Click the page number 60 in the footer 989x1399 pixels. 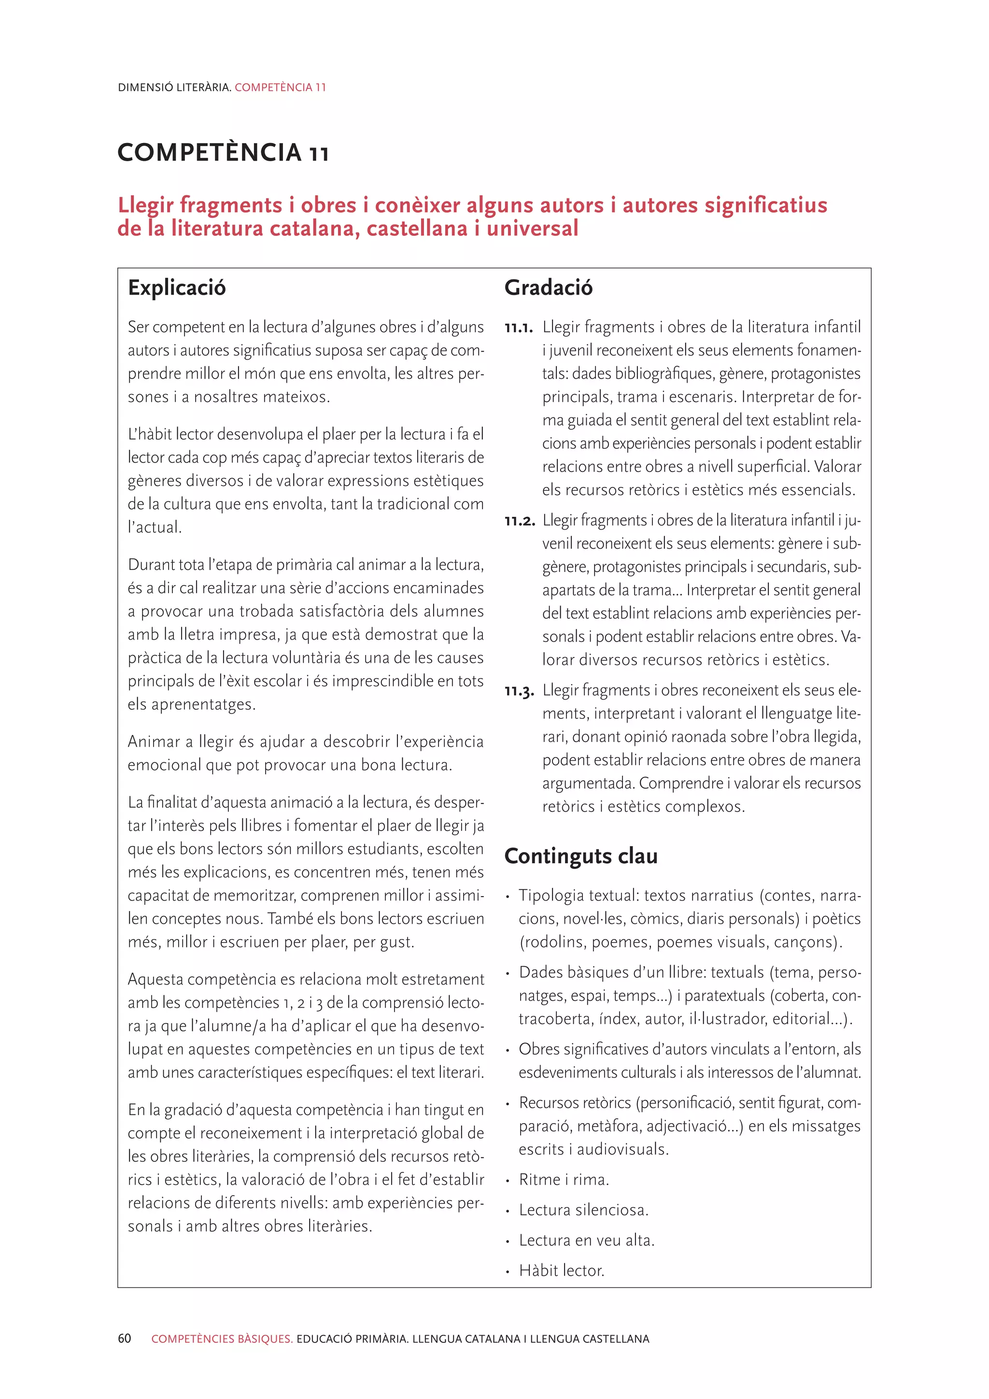[x=124, y=1338]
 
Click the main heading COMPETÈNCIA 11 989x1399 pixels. [x=223, y=152]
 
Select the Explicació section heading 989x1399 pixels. [x=177, y=287]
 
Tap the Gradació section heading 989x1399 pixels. [x=548, y=287]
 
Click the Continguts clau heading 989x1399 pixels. [x=581, y=856]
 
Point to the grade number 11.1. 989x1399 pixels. [x=518, y=328]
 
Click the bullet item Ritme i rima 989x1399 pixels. [x=564, y=1180]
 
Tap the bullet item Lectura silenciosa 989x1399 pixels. [x=583, y=1210]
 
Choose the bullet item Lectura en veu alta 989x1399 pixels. [x=586, y=1240]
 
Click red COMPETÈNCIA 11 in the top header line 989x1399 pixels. [x=280, y=87]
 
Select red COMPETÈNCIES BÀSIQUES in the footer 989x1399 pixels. [x=222, y=1339]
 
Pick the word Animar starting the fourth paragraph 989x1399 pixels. [x=155, y=742]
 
